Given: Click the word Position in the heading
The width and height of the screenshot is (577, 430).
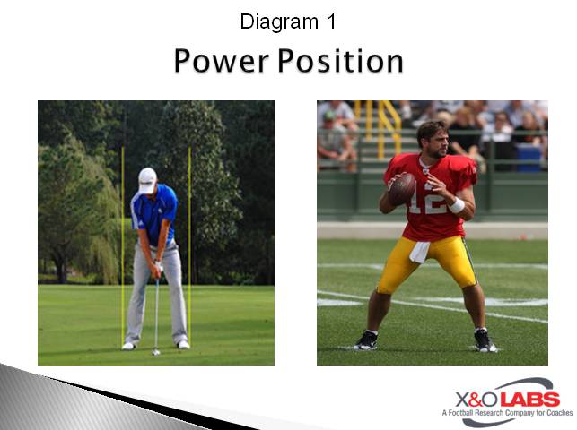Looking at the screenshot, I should click(x=340, y=62).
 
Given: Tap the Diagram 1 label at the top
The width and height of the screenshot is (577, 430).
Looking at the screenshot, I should click(x=288, y=21).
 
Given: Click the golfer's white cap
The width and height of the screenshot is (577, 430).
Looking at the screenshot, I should click(x=147, y=177).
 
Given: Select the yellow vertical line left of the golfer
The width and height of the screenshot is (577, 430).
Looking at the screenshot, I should click(x=122, y=242).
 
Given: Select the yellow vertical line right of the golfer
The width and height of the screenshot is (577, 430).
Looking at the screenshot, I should click(x=189, y=242).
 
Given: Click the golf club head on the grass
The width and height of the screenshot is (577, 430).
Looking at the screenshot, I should click(x=155, y=351).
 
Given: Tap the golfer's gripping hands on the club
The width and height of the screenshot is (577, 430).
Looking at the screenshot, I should click(x=156, y=268).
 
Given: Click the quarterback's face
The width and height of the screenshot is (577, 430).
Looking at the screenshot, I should click(x=433, y=143).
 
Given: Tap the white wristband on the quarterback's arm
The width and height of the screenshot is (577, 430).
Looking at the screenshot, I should click(x=456, y=205).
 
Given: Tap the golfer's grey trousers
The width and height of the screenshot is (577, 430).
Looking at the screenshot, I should click(x=157, y=296).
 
